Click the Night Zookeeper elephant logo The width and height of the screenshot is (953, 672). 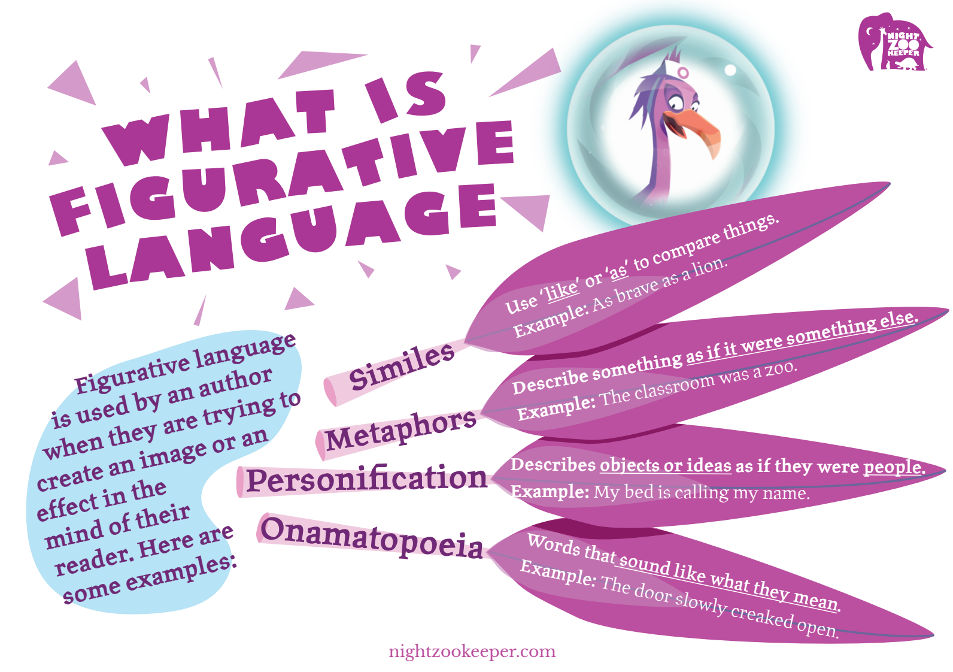(894, 43)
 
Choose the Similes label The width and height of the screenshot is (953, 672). (401, 367)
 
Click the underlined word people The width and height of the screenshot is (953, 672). (893, 467)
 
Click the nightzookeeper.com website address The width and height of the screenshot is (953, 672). (472, 652)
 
